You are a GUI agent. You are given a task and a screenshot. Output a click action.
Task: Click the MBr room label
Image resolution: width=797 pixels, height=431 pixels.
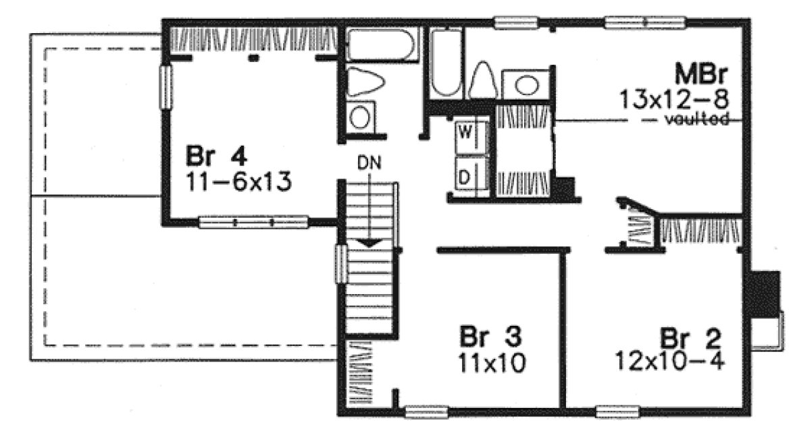(703, 73)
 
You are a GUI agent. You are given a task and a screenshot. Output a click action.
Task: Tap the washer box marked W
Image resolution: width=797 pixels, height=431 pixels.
(465, 132)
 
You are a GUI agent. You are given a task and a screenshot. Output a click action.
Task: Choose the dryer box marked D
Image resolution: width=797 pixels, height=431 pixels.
(465, 177)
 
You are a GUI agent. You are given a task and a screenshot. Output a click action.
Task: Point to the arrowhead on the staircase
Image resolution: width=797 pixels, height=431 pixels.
(369, 242)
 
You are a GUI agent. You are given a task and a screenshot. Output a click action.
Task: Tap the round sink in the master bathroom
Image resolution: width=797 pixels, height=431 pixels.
(528, 85)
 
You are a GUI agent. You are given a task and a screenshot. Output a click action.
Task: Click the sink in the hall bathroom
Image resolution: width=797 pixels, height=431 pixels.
(362, 117)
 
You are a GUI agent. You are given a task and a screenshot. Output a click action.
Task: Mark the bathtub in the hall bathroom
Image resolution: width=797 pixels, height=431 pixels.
(376, 45)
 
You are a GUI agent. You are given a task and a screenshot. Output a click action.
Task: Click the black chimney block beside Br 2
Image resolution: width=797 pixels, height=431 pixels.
(761, 294)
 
